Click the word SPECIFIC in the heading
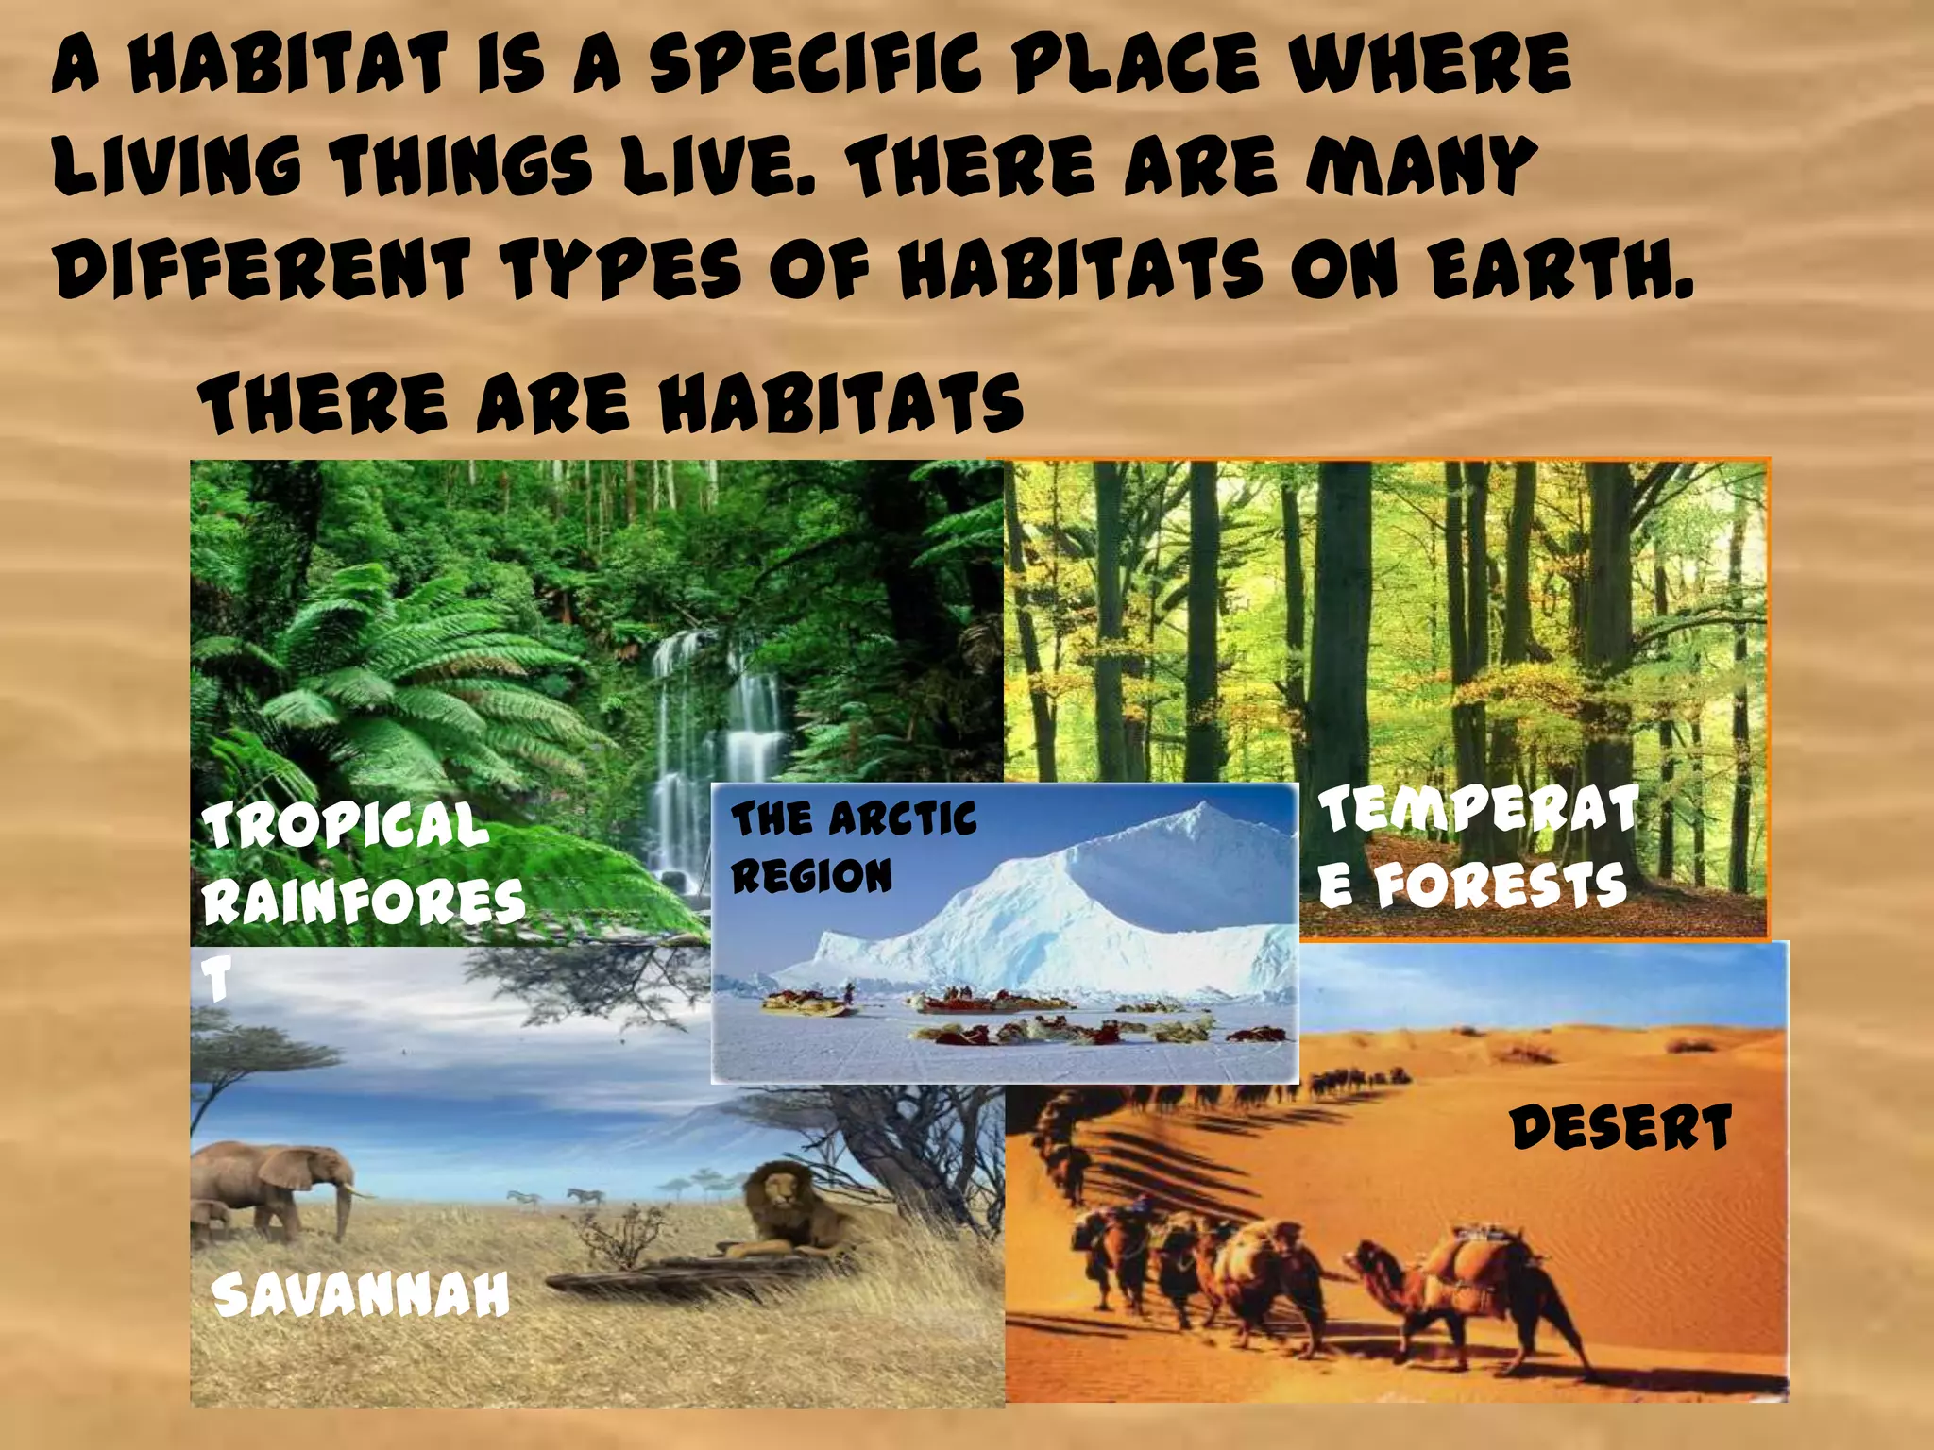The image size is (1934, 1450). click(813, 64)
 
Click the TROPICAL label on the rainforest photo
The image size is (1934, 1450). click(346, 823)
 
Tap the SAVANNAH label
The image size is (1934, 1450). click(361, 1295)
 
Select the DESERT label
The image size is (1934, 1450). click(1621, 1128)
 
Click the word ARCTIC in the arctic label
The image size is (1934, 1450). click(902, 818)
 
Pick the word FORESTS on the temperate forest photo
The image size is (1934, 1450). click(1501, 885)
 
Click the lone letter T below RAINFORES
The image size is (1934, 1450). click(218, 979)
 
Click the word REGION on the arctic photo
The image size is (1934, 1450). click(811, 876)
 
